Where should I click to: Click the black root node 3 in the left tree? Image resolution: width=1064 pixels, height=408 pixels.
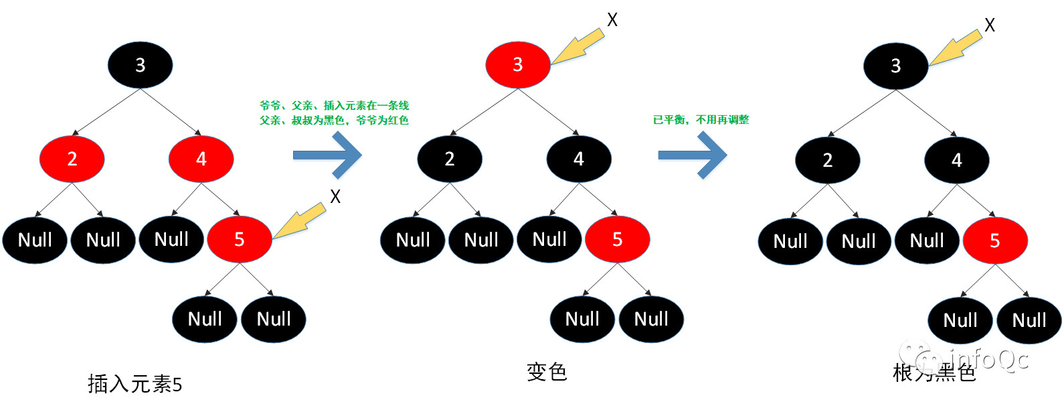coord(140,65)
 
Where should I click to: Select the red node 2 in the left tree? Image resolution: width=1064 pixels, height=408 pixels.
coord(72,159)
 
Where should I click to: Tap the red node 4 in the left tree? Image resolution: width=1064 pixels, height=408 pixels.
coord(201,159)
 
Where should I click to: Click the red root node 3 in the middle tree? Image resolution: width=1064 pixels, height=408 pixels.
coord(517,64)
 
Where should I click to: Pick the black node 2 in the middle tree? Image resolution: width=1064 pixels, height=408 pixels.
coord(449,159)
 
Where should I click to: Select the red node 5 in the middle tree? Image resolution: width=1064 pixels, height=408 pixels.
coord(617,239)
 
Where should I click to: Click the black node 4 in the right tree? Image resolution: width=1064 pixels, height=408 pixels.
coord(956,160)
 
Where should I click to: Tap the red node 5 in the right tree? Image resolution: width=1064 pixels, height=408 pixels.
coord(994,241)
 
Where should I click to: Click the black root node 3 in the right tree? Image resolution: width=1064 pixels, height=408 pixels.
coord(895,66)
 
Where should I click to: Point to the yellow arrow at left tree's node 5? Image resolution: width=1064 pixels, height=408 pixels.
coord(299,221)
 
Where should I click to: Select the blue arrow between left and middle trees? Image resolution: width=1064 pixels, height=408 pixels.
coord(327,155)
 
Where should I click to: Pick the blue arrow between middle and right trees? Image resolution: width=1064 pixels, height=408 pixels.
coord(692,155)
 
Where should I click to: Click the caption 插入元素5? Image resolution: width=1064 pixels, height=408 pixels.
coord(135,384)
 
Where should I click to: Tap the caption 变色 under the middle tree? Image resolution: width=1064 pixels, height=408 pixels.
coord(547,372)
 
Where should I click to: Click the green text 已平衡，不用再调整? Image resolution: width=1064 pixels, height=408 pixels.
coord(701,120)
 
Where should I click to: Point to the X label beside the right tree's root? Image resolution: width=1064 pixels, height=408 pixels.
coord(989,25)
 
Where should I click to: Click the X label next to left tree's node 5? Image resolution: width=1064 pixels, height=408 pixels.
coord(335,196)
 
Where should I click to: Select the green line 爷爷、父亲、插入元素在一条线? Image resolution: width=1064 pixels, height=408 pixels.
coord(334,105)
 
